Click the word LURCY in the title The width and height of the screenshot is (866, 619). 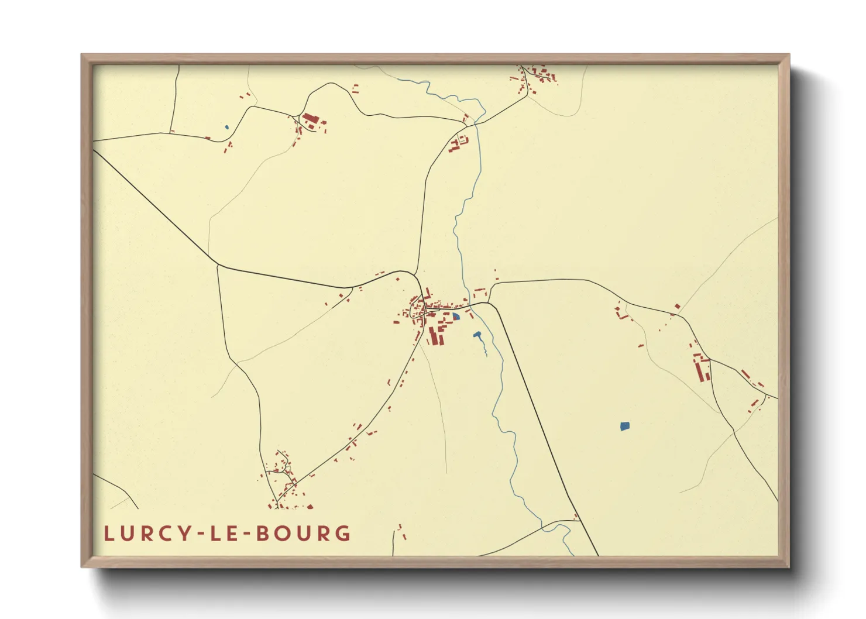pyautogui.click(x=147, y=534)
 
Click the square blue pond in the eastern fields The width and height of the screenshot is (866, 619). pyautogui.click(x=624, y=426)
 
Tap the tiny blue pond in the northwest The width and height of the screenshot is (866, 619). pyautogui.click(x=226, y=127)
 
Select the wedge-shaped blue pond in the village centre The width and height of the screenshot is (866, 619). pyautogui.click(x=456, y=317)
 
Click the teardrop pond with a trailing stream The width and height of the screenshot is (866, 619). pyautogui.click(x=477, y=335)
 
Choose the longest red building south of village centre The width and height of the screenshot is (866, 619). pyautogui.click(x=433, y=336)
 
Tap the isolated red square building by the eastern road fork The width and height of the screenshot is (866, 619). pyautogui.click(x=678, y=306)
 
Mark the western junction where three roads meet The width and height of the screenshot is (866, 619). pyautogui.click(x=217, y=265)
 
